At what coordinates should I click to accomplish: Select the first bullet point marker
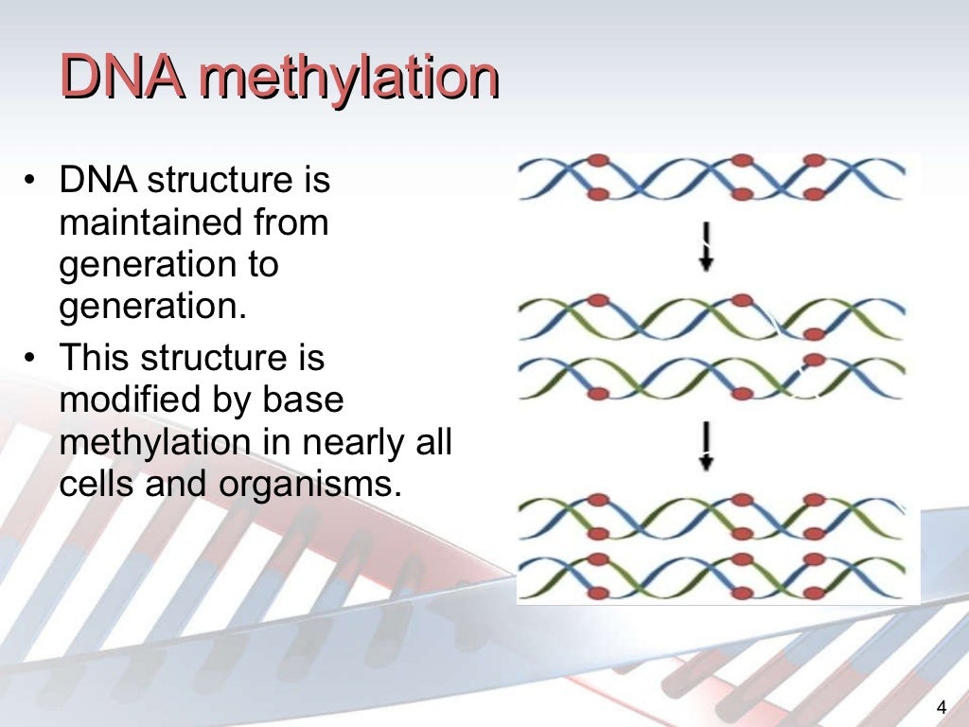click(x=33, y=180)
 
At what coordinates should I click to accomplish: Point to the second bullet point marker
click(x=33, y=359)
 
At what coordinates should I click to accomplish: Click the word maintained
click(x=150, y=223)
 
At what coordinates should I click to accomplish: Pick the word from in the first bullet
click(x=291, y=223)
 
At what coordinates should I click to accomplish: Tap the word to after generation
click(x=260, y=264)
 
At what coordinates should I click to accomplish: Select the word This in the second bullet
click(x=96, y=359)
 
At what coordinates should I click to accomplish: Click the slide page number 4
click(x=941, y=706)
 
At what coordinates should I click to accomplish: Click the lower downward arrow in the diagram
click(x=706, y=448)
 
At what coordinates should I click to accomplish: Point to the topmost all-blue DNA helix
click(x=711, y=178)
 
